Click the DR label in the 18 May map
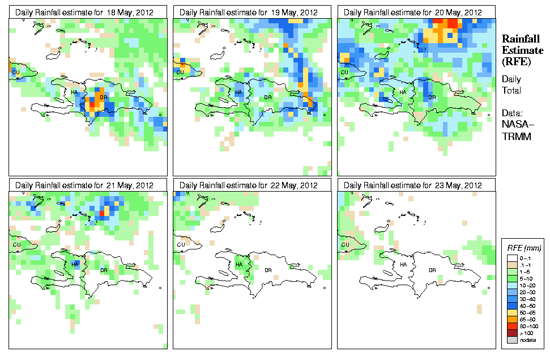103,98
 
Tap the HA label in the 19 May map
238,92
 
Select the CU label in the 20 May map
344,72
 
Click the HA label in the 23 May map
403,265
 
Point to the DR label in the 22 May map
267,270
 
